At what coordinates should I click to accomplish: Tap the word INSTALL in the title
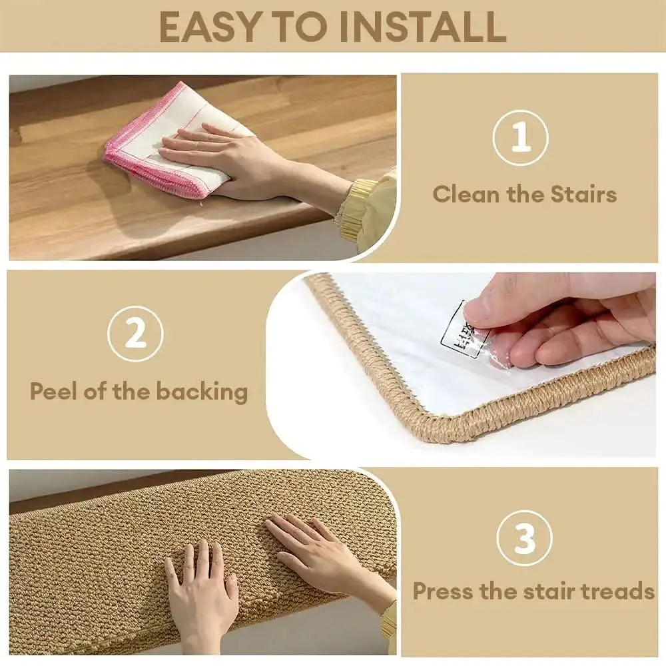(x=422, y=27)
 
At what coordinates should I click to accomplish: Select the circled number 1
(x=521, y=138)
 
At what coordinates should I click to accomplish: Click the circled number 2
(x=135, y=334)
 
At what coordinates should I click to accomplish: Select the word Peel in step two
(x=52, y=391)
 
